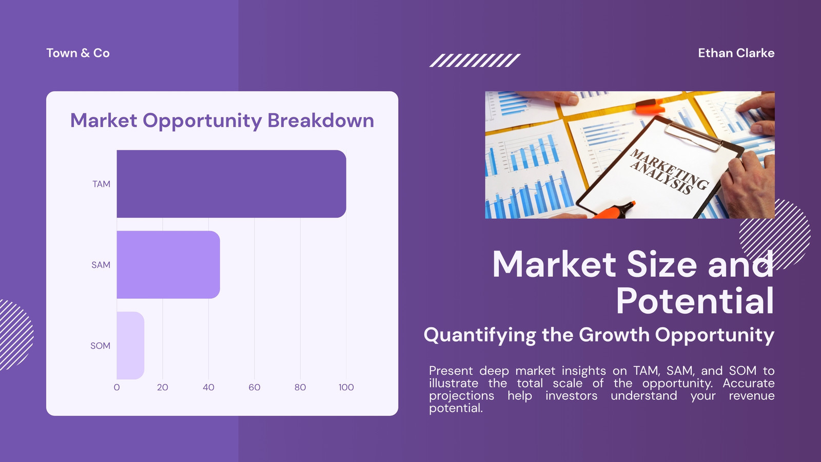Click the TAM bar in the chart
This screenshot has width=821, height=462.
click(231, 184)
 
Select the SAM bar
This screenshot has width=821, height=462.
click(168, 265)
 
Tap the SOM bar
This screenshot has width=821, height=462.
click(130, 345)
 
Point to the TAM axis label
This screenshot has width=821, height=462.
click(101, 184)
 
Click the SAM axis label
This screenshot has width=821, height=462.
click(101, 265)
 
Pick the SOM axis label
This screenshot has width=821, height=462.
click(101, 346)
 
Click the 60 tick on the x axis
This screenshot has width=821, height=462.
click(255, 387)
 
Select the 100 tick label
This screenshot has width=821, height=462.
click(346, 387)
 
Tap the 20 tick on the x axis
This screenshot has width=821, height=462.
click(162, 387)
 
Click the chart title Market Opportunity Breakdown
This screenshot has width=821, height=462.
click(222, 121)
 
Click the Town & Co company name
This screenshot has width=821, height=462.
click(78, 53)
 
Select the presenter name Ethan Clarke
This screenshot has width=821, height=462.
click(736, 53)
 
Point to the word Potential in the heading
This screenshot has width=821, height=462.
click(695, 301)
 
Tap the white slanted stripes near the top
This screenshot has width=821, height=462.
click(475, 61)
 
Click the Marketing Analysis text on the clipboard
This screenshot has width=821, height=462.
click(669, 171)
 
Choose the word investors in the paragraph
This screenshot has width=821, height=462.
click(572, 396)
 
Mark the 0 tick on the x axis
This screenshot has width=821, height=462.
click(116, 387)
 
